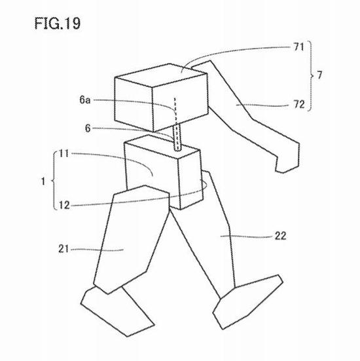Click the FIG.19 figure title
click(58, 23)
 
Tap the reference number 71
click(299, 47)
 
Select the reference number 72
click(299, 105)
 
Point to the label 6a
click(85, 100)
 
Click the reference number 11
click(63, 153)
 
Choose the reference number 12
click(64, 205)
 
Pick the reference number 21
click(63, 249)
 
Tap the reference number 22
click(280, 236)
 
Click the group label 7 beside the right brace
click(319, 75)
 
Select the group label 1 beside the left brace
click(43, 181)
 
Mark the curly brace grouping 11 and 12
click(54, 181)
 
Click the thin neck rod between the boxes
click(177, 138)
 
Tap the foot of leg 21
click(117, 311)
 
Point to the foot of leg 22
click(247, 301)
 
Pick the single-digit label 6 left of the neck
click(88, 128)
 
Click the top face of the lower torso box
click(161, 147)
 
